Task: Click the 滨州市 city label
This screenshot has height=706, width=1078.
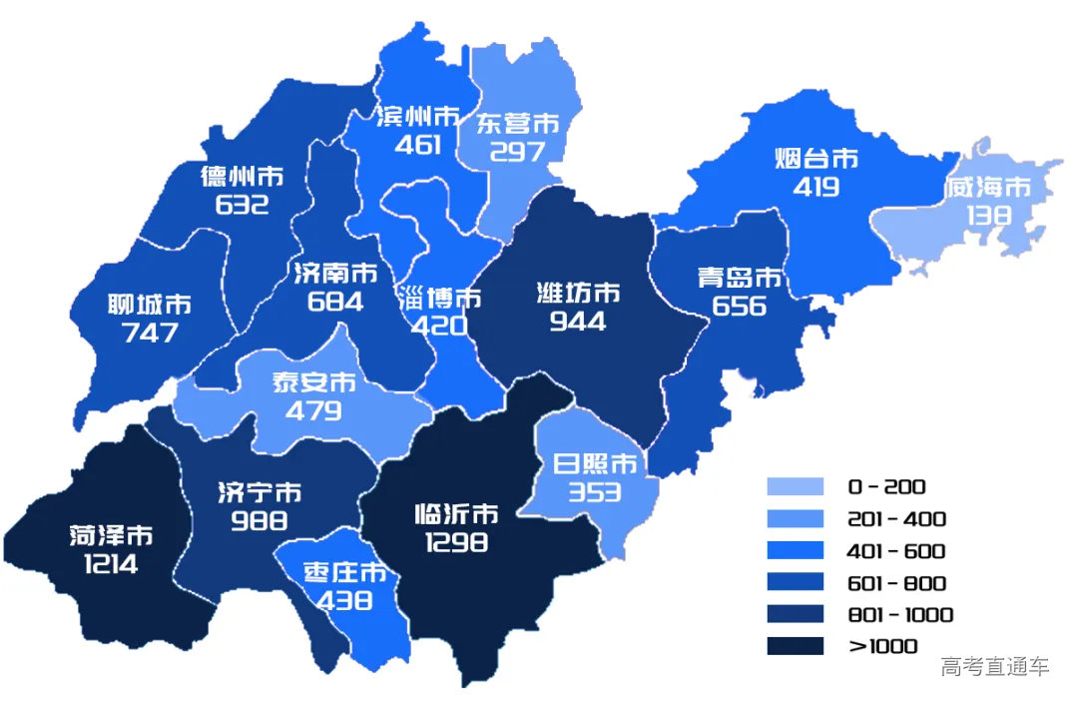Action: (418, 117)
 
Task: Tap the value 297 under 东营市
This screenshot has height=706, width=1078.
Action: (518, 152)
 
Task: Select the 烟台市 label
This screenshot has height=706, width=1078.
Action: (816, 159)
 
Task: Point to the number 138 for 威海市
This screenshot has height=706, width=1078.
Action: (988, 215)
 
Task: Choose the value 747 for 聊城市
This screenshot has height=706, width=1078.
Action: (150, 333)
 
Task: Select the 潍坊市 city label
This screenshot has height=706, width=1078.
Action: (578, 294)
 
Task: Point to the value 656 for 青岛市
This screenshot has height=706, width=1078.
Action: (740, 306)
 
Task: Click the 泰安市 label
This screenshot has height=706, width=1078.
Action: (313, 382)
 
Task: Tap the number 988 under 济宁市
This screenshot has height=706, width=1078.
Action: (259, 520)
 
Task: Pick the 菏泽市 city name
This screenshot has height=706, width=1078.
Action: (112, 536)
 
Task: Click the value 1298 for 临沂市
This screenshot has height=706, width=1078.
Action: (456, 542)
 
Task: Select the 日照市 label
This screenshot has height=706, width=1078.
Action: (595, 464)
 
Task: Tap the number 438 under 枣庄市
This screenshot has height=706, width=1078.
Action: (344, 600)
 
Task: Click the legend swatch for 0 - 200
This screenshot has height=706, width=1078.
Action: (796, 487)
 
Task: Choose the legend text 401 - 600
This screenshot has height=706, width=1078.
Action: (896, 551)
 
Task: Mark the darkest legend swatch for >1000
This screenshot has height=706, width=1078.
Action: (796, 646)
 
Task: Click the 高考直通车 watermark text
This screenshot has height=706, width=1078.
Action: (994, 667)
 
